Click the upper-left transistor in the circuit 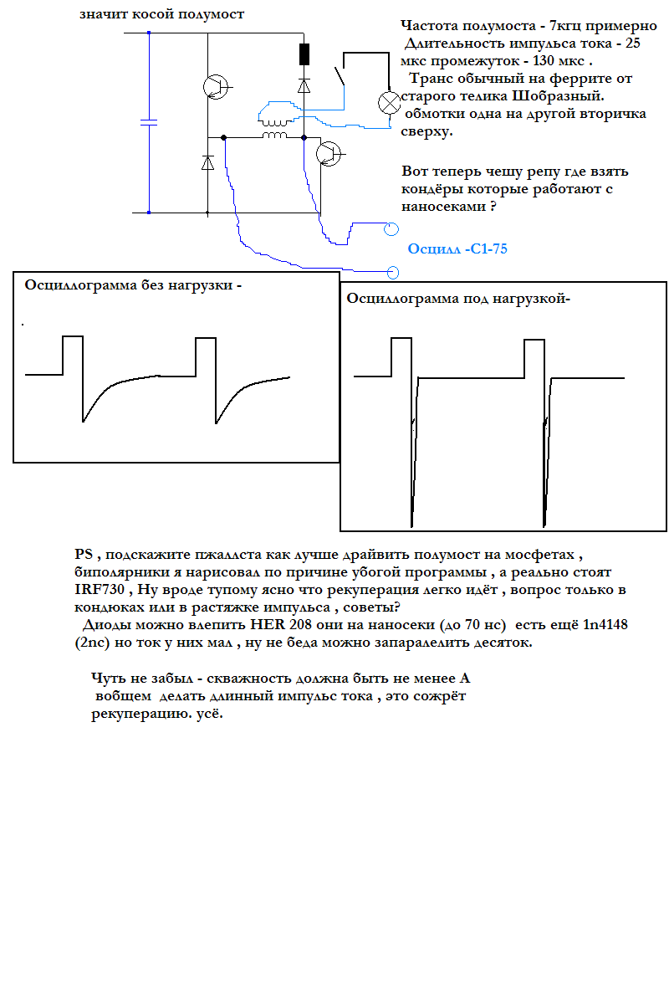point(217,86)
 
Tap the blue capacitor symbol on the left point(149,123)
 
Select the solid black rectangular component point(304,54)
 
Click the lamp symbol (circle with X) point(390,103)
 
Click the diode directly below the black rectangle point(304,85)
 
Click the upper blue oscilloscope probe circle point(391,228)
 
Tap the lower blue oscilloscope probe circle point(392,272)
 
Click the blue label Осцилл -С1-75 point(457,248)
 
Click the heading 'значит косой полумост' point(162,14)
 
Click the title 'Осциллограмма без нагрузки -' point(133,284)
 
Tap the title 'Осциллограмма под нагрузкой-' point(457,299)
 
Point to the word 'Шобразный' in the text point(556,95)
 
